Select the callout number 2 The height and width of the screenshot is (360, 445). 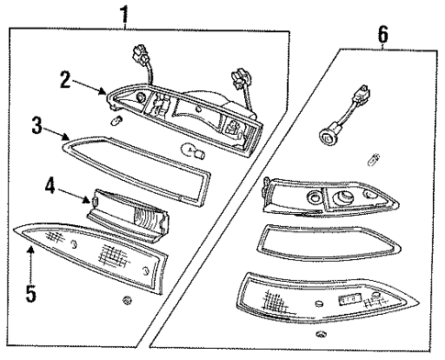pyautogui.click(x=65, y=80)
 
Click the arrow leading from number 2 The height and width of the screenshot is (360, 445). pyautogui.click(x=92, y=89)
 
